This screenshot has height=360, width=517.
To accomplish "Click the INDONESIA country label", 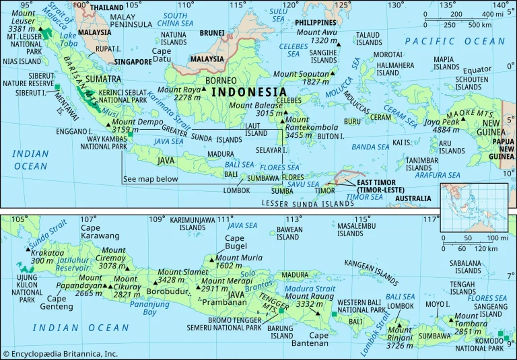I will click(x=247, y=92).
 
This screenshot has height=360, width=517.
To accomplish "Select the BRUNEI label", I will click(x=212, y=32).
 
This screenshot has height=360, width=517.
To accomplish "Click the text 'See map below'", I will click(x=150, y=179).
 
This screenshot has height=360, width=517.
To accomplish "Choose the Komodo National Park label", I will click(x=479, y=343).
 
